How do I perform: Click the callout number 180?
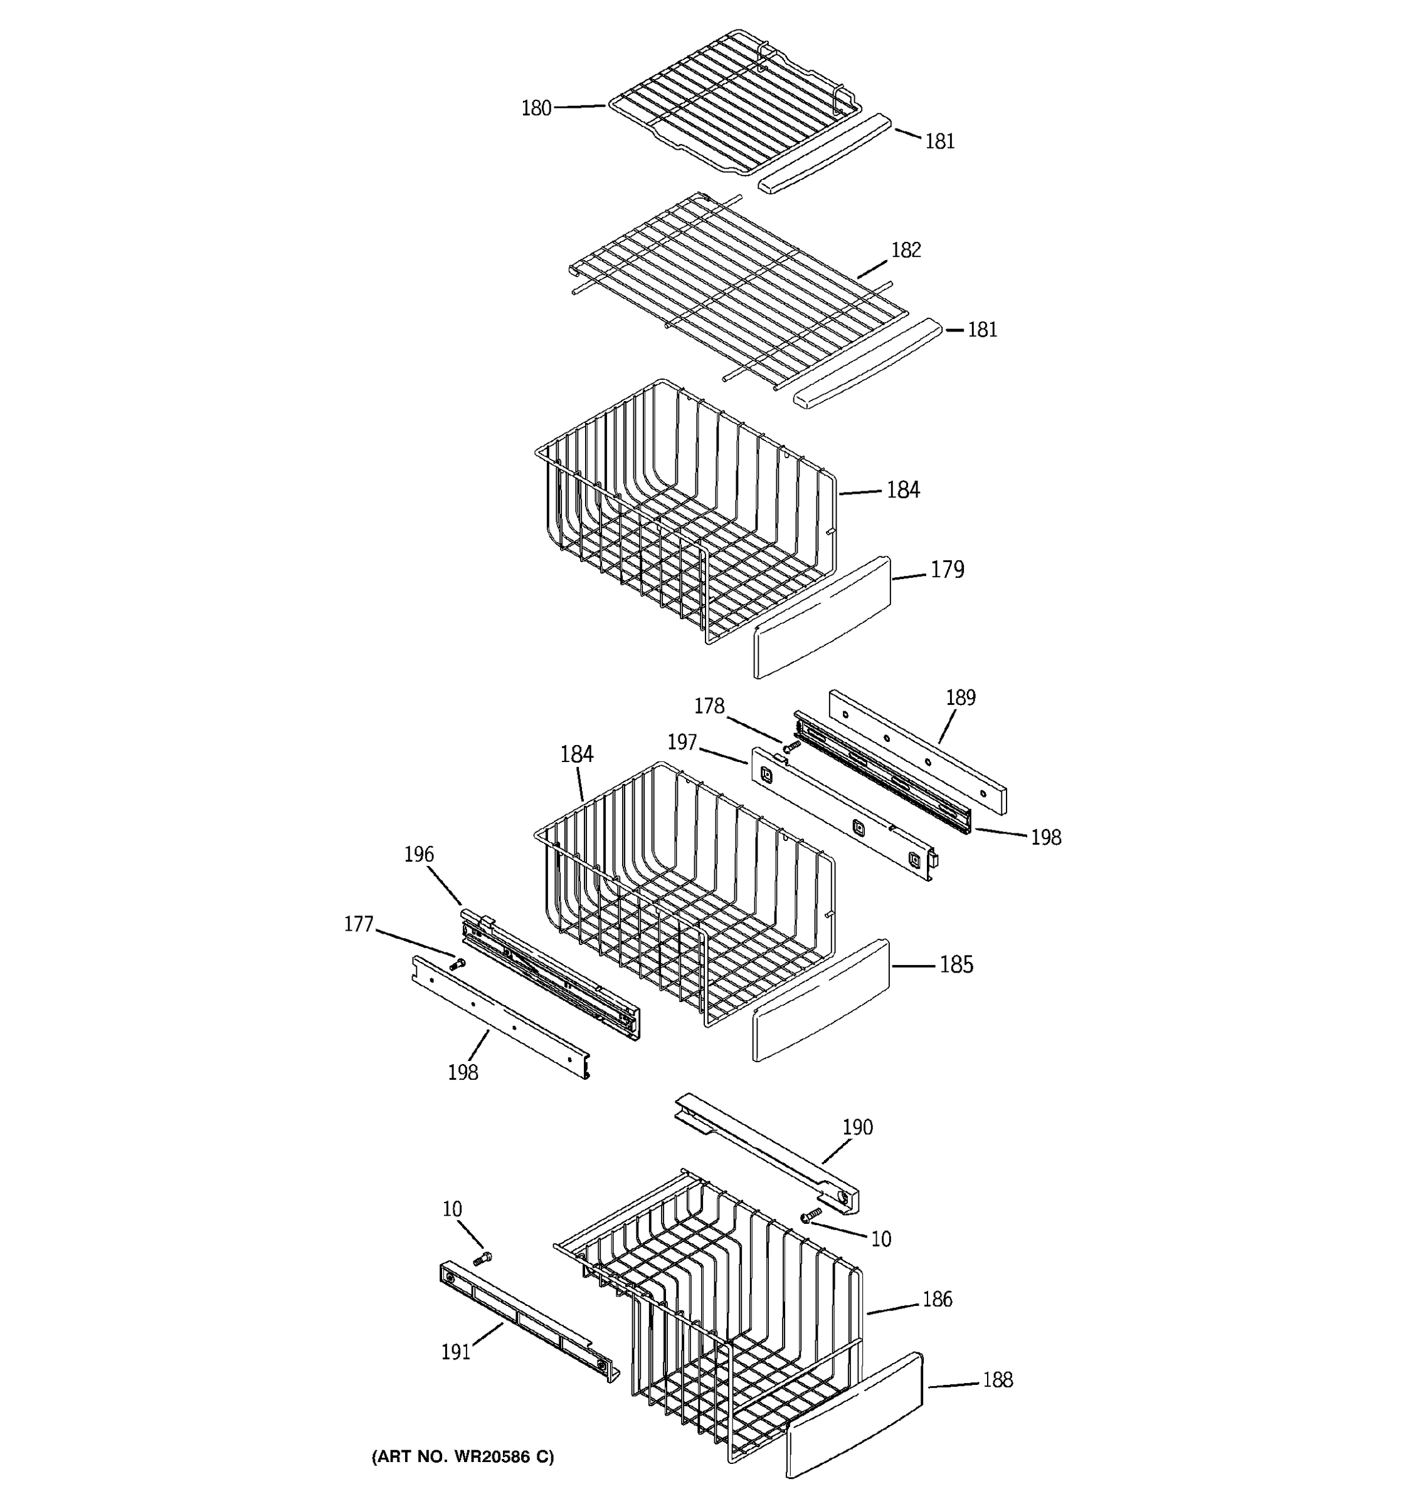[x=536, y=109]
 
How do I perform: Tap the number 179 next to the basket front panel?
[x=947, y=570]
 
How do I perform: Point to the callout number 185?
[x=956, y=964]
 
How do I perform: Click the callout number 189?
[x=960, y=697]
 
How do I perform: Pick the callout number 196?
[x=419, y=855]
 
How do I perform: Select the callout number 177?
[x=359, y=924]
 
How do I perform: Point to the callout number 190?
[x=858, y=1127]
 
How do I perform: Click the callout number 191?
[x=456, y=1352]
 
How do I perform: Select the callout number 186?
[x=937, y=1300]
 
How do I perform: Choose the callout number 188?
[x=997, y=1381]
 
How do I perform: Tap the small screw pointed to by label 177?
[x=457, y=964]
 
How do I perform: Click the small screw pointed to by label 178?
[x=792, y=746]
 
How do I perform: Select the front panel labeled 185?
[x=822, y=1000]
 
